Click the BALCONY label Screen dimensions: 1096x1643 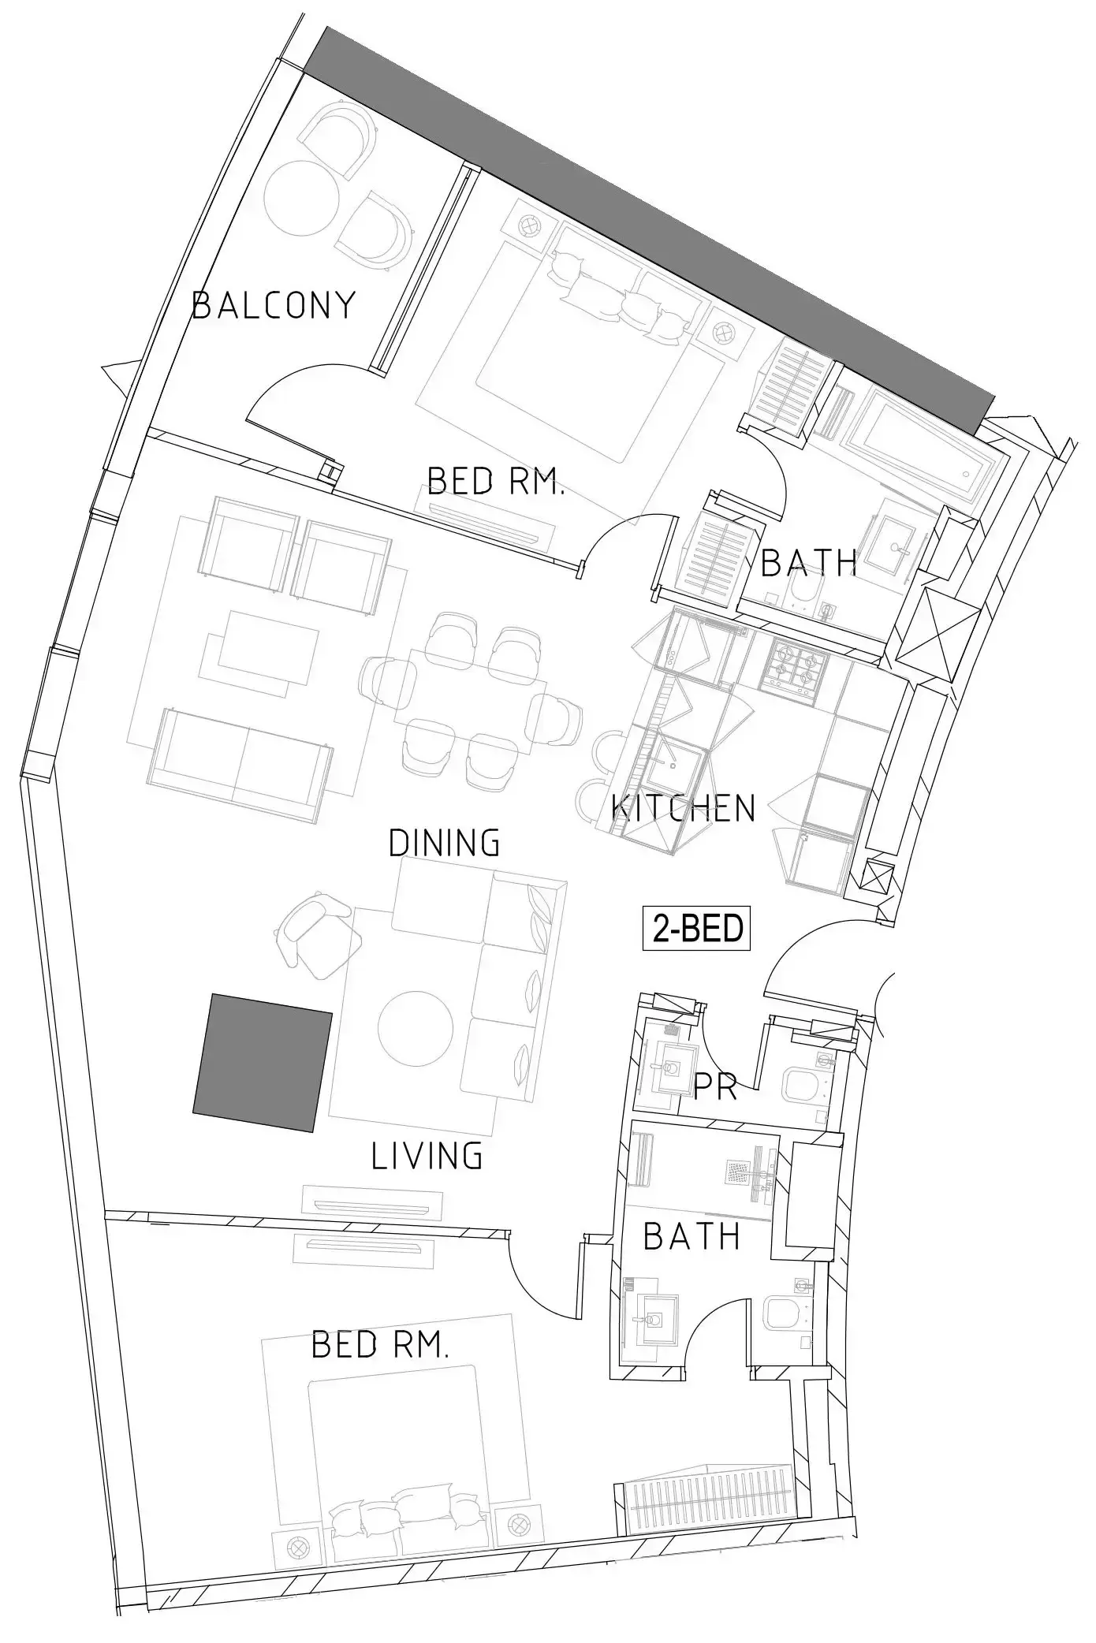click(274, 305)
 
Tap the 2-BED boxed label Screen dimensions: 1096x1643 click(696, 928)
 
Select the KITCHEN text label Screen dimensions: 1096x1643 click(684, 808)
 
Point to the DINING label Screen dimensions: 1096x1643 click(445, 843)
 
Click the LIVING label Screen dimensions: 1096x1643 click(427, 1156)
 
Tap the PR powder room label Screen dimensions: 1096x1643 click(716, 1087)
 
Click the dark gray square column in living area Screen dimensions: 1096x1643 click(263, 1064)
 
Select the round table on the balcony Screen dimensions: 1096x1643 click(303, 199)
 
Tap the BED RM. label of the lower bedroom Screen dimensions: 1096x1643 click(380, 1344)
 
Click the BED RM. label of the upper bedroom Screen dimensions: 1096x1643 click(496, 480)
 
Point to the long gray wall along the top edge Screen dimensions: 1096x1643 click(651, 229)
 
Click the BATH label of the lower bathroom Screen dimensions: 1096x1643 click(692, 1236)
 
